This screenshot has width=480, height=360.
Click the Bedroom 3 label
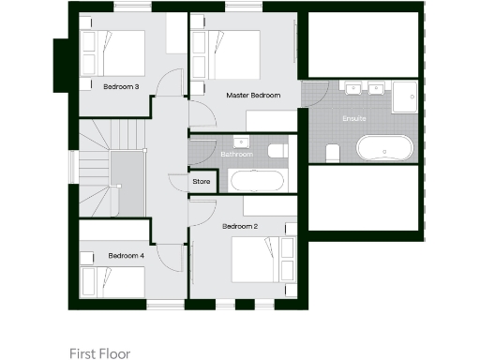(122, 87)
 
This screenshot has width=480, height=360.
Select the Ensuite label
(354, 119)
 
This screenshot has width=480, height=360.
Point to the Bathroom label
(236, 154)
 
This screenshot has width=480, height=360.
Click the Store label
(201, 181)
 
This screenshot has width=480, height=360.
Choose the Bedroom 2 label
(239, 227)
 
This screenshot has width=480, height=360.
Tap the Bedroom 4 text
(126, 255)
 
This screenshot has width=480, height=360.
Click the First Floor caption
(99, 353)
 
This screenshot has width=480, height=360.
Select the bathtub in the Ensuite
(383, 150)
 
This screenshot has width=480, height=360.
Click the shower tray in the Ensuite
(405, 96)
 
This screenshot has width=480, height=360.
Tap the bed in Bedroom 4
(112, 280)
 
